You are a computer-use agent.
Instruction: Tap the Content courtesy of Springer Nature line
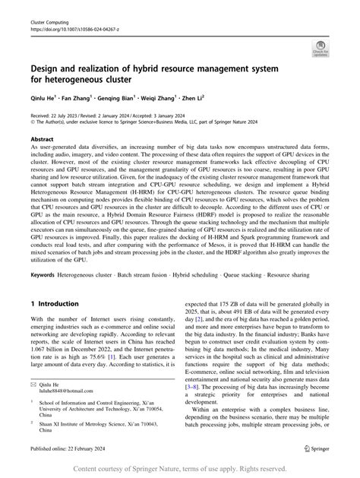click(180, 470)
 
